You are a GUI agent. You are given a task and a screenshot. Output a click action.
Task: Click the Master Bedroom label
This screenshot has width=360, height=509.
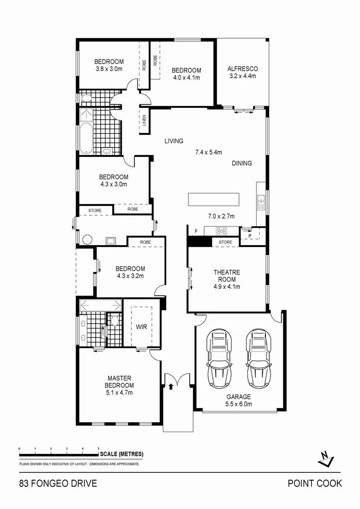119,382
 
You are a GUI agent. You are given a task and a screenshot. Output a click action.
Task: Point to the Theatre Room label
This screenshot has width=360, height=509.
227,276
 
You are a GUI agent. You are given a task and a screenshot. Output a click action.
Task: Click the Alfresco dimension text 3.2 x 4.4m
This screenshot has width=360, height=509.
242,76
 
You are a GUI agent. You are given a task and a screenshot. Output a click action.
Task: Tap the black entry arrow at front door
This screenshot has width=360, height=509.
171,386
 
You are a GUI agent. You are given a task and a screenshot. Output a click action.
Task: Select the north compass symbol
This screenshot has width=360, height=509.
326,458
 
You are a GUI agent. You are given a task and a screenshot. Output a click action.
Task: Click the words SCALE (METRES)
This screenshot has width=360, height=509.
122,454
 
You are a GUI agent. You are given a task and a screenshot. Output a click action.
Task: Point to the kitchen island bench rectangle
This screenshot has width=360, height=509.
213,199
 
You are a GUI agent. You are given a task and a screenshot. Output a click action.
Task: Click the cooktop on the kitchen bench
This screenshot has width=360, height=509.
221,231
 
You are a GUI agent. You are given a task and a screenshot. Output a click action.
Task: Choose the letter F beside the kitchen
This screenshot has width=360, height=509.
196,231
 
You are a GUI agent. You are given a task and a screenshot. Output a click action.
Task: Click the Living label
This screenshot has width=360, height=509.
173,141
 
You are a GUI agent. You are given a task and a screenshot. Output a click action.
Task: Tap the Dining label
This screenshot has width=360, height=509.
242,163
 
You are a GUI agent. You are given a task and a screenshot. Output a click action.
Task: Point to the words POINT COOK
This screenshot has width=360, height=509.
315,484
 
